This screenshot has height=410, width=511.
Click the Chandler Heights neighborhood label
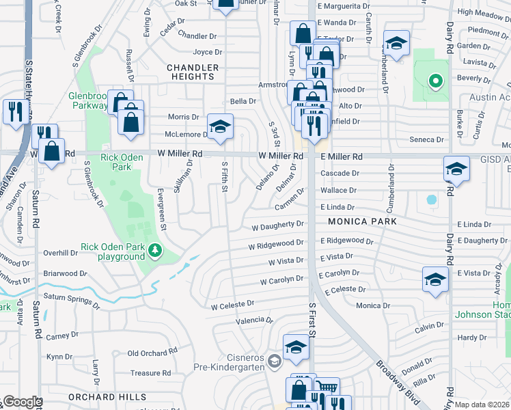pos(193,72)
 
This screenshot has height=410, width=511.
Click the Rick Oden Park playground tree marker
pos(156,251)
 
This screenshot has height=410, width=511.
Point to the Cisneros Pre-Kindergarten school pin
pos(275,360)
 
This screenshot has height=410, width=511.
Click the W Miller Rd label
pos(180,154)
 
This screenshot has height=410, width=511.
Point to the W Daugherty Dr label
pos(277,225)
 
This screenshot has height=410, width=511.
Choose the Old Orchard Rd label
pos(152,353)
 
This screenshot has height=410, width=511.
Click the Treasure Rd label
pos(150,373)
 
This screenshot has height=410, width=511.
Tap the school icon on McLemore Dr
pos(219,126)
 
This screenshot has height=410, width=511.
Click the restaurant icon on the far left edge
pos(14,109)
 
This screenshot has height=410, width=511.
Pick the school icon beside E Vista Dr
pos(434,279)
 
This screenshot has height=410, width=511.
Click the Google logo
pos(22,402)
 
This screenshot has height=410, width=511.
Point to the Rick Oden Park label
pos(122,162)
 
